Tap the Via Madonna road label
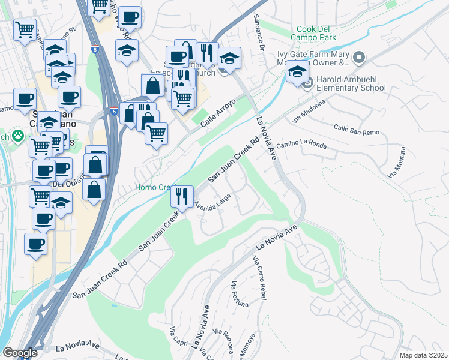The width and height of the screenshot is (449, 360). (x=308, y=112)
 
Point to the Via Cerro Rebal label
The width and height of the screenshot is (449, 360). (x=259, y=277)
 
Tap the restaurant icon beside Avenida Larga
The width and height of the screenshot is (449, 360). (x=182, y=196)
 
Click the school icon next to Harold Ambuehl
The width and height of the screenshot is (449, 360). (x=297, y=72)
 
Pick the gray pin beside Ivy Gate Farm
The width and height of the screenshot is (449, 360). (x=360, y=58)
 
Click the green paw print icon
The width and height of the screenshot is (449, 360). (x=19, y=136)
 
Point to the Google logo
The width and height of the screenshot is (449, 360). (x=20, y=353)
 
